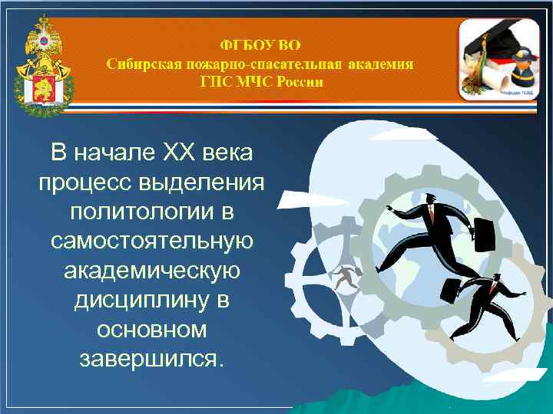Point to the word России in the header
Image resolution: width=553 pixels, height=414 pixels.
(298, 81)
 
